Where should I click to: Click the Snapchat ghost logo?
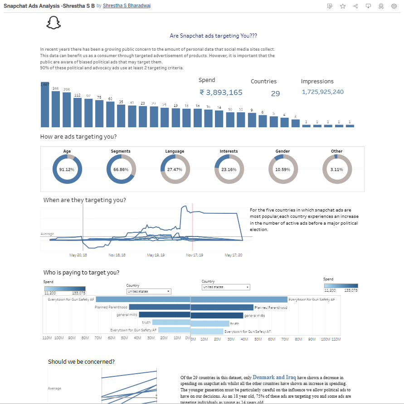tap(54, 23)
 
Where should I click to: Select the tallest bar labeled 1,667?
tap(44, 104)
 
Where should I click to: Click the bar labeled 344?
tap(55, 109)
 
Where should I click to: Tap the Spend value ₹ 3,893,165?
tap(221, 92)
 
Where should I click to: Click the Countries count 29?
tap(275, 93)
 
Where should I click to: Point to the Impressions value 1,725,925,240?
tap(322, 92)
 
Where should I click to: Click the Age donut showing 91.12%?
tap(67, 169)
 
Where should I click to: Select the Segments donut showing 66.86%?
tap(121, 169)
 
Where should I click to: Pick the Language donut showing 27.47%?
tap(175, 169)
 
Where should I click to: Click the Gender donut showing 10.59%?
tap(282, 169)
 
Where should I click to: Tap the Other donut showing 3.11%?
tap(336, 169)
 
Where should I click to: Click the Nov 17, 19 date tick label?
tap(195, 255)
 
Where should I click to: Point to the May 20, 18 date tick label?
tap(78, 255)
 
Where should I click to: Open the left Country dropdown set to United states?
tap(149, 291)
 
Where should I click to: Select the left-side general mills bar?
tap(164, 315)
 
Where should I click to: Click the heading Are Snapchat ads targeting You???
tap(213, 36)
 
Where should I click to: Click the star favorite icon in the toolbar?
tap(343, 6)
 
